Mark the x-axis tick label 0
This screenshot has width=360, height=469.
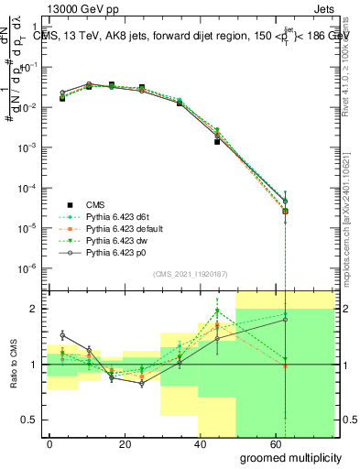(49, 442)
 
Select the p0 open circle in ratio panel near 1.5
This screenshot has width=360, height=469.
(62, 335)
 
